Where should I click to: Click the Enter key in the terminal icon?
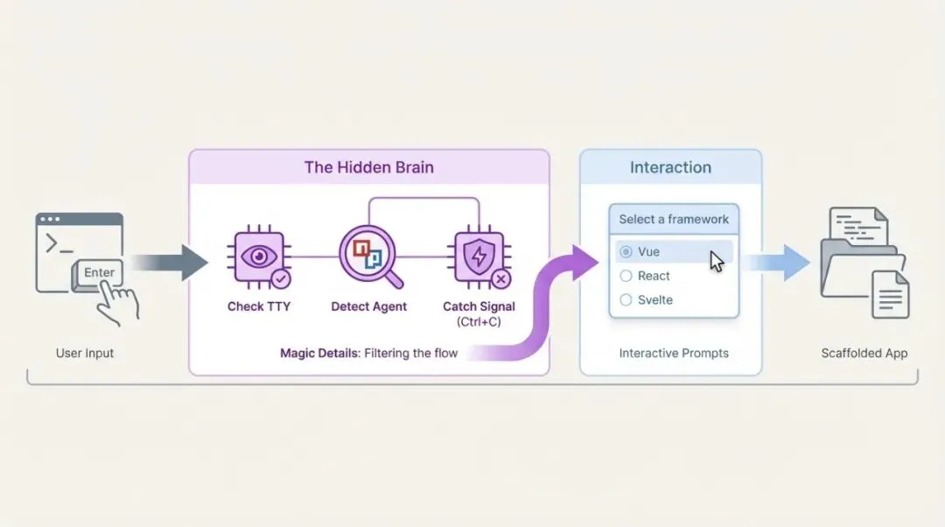(x=99, y=272)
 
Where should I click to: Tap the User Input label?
(x=85, y=353)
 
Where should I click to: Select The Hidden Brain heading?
(x=368, y=167)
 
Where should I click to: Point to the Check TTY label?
(x=258, y=306)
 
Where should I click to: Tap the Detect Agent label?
(x=368, y=306)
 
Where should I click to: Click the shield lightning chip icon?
(x=479, y=257)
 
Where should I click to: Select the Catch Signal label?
(x=479, y=306)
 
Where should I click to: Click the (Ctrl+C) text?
(x=479, y=322)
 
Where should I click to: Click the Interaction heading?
(x=670, y=167)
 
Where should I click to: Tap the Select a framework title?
(x=674, y=219)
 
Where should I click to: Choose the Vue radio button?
(x=626, y=252)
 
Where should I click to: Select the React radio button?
(x=626, y=276)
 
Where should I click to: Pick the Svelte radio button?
(x=626, y=300)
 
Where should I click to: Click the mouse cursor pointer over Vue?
(x=716, y=260)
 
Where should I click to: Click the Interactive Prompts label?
(x=674, y=353)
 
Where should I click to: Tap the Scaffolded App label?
(x=864, y=353)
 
